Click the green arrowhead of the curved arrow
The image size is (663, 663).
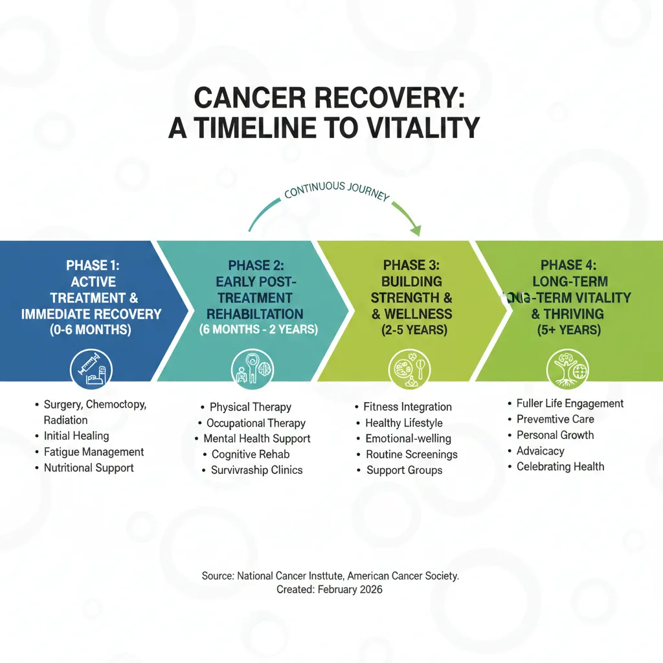click(415, 229)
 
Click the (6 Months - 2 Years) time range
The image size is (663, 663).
click(258, 330)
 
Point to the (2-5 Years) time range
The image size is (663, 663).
click(412, 330)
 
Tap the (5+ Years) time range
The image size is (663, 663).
click(569, 330)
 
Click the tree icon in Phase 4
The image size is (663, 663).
click(567, 369)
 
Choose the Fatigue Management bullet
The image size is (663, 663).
click(94, 452)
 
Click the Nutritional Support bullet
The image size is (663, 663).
click(89, 467)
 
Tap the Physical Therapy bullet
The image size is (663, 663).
click(250, 407)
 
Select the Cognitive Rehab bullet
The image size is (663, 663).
click(250, 455)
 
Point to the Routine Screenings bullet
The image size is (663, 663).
click(411, 455)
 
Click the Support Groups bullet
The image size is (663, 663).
click(404, 470)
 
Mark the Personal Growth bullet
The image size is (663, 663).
click(555, 435)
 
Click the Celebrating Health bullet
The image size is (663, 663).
click(560, 466)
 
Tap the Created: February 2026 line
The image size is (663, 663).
click(330, 589)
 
